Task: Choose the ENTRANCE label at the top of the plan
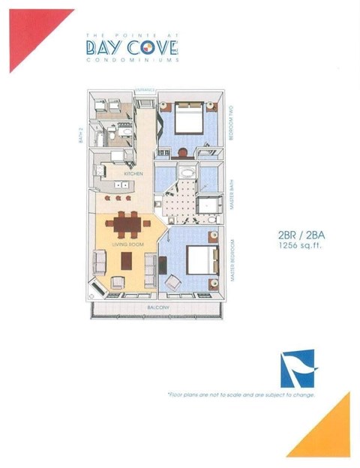[145, 91]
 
